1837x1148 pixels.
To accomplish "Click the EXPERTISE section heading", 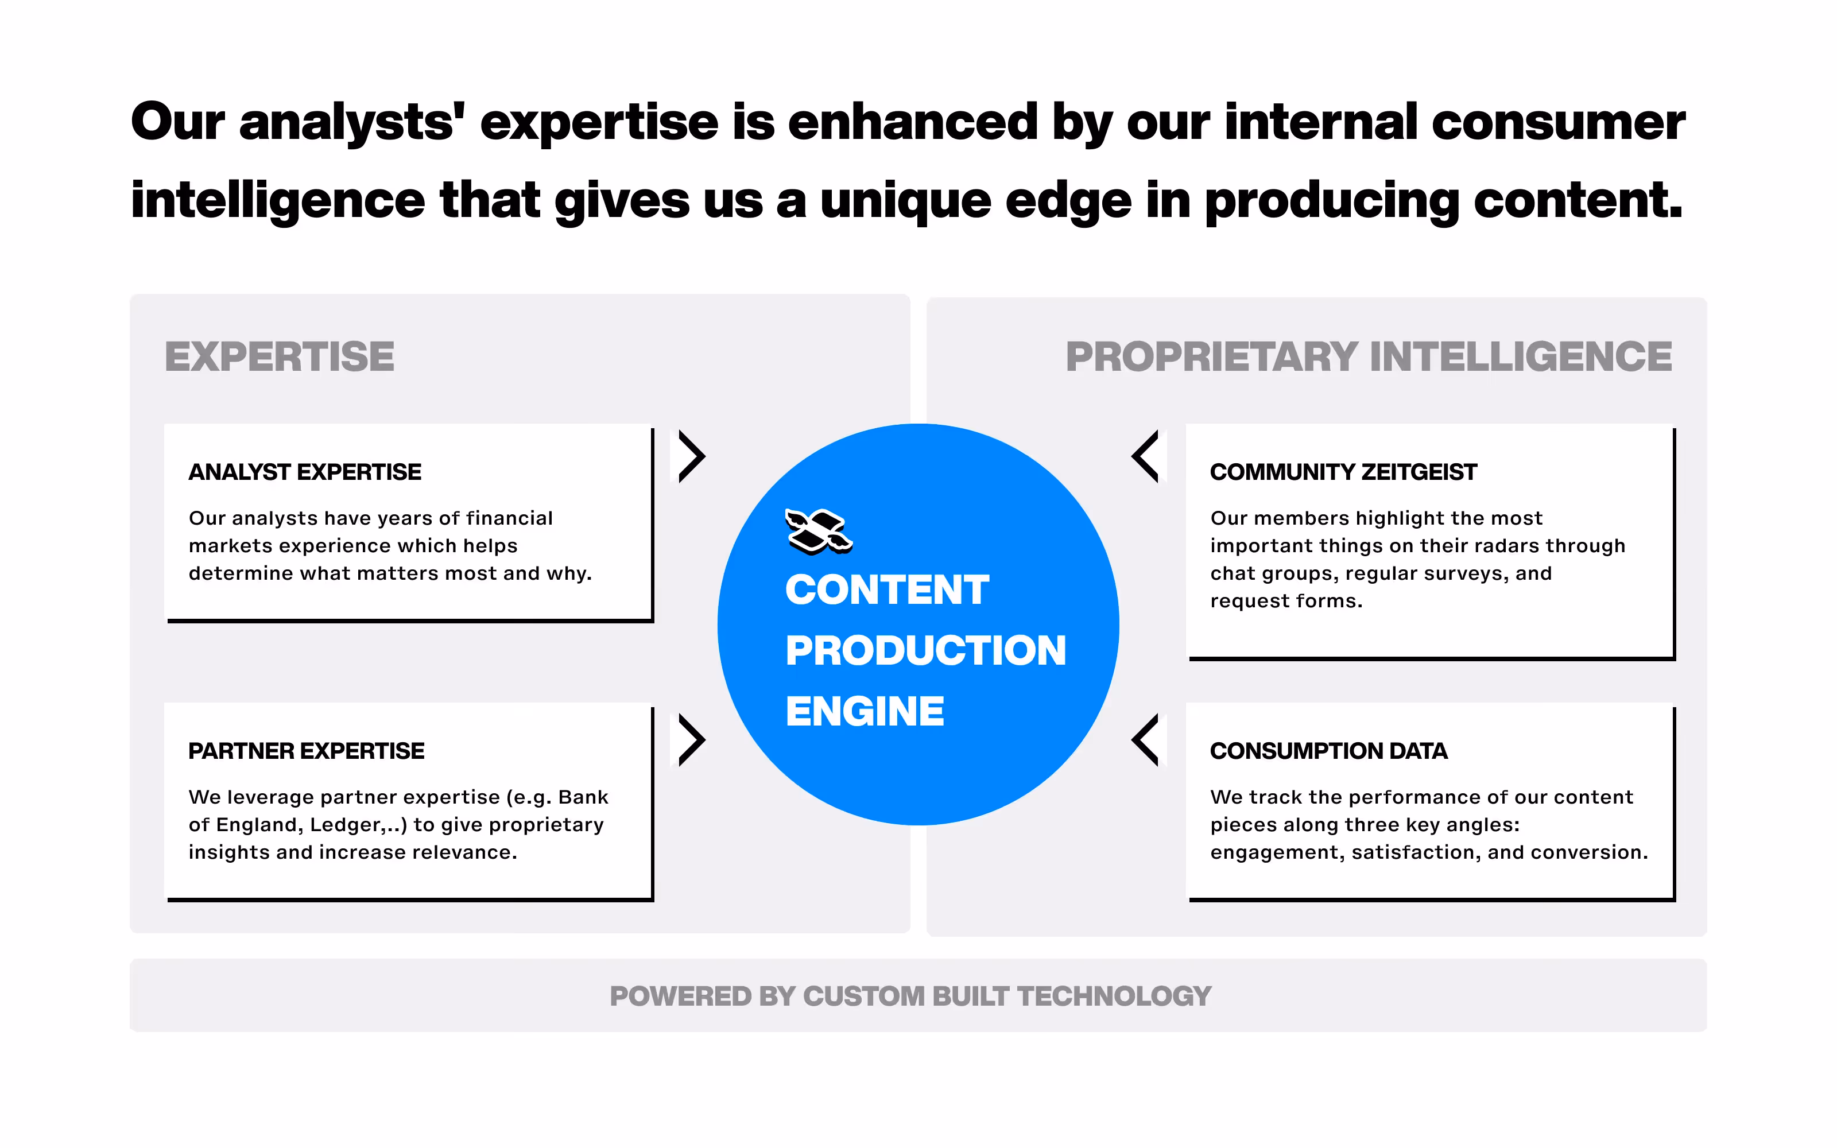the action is coord(280,357).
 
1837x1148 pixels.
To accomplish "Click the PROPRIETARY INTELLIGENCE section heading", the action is coord(1369,357).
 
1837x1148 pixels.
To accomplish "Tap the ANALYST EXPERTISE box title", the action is coord(304,472).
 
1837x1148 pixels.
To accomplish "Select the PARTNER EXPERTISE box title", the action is coord(306,751).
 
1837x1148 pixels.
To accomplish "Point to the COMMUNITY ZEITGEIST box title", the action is coord(1343,472).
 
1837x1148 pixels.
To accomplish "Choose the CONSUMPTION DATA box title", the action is coord(1328,751).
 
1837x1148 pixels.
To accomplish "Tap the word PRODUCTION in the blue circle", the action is coord(925,651).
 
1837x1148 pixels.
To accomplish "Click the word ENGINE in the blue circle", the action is coord(865,711).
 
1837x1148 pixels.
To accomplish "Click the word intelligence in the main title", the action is coord(278,202).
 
